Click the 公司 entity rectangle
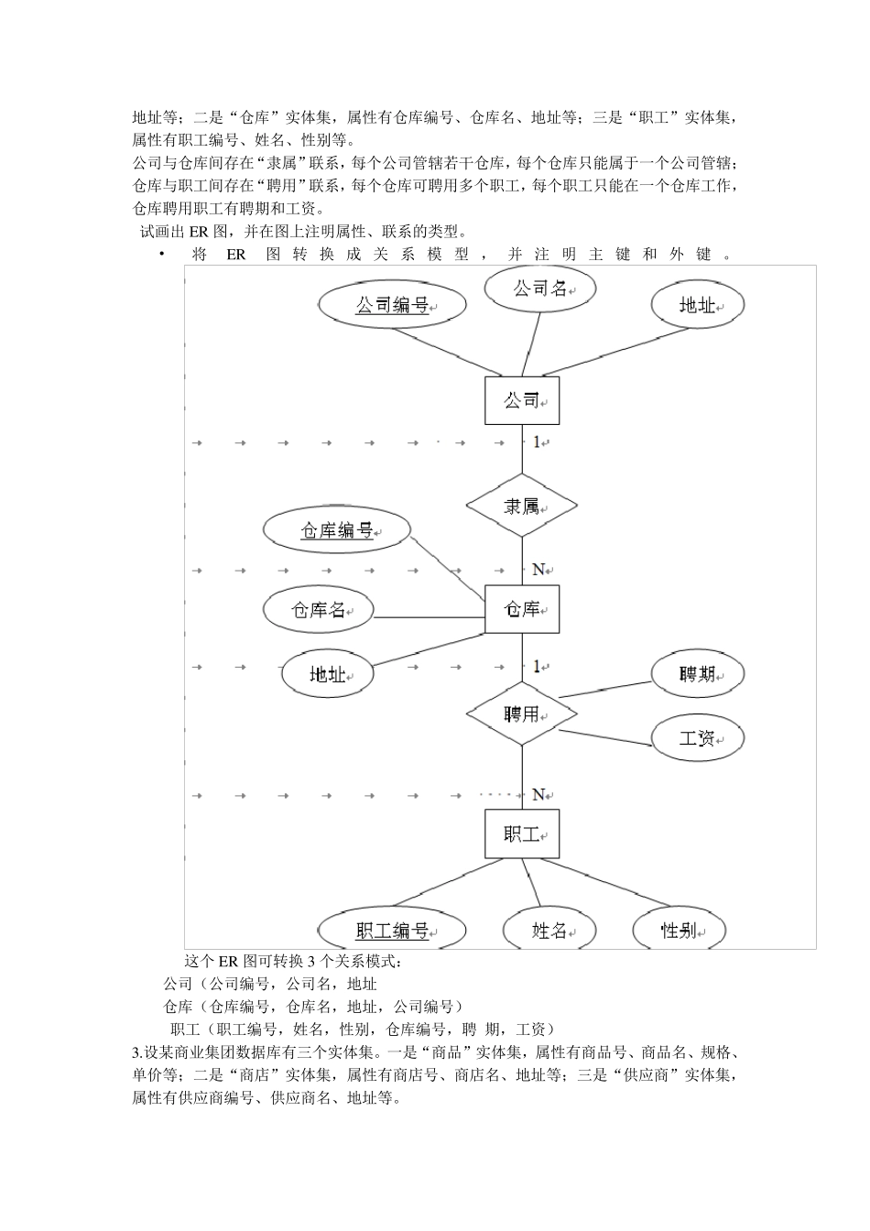click(521, 400)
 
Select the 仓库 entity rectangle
click(521, 608)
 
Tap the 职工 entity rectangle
click(521, 833)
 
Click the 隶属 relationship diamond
click(521, 505)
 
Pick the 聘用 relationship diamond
click(521, 713)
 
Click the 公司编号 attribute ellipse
click(392, 305)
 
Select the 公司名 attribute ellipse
click(539, 289)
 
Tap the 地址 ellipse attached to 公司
click(697, 305)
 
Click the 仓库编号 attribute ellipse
click(337, 530)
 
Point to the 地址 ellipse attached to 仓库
click(328, 674)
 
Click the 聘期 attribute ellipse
click(697, 674)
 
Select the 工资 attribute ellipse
click(697, 737)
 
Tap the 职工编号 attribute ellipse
click(392, 931)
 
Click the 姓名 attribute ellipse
click(549, 931)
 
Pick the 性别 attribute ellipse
click(679, 931)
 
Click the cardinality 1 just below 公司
click(537, 441)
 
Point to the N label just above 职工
click(538, 794)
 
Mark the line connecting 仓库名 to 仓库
click(429, 616)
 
